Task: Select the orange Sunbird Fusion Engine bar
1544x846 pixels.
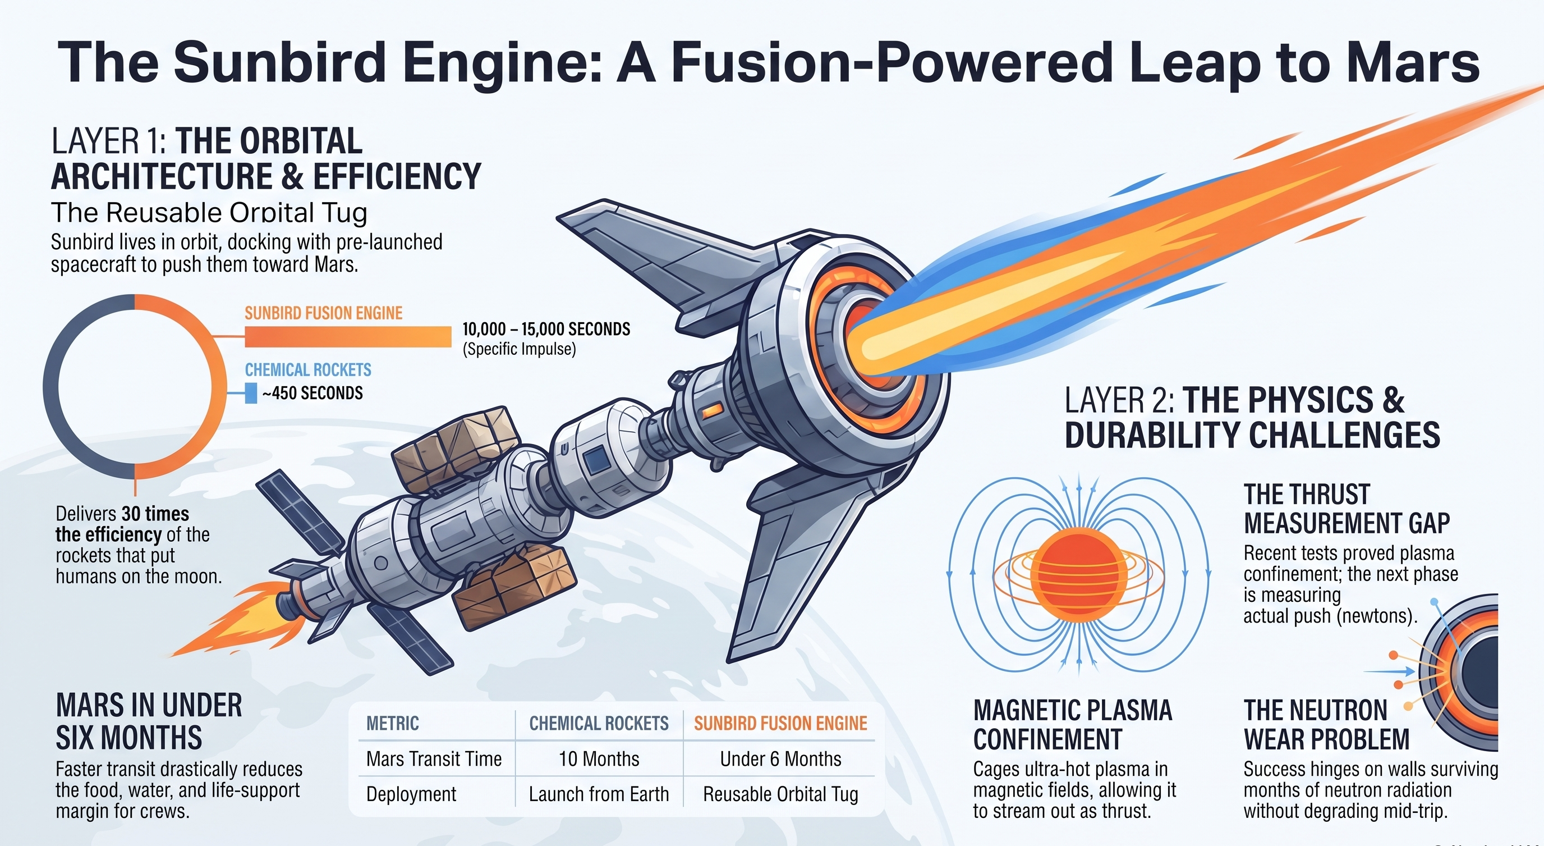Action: tap(348, 336)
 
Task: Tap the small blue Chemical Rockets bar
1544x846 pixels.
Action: tap(251, 394)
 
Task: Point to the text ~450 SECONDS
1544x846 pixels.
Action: tap(313, 394)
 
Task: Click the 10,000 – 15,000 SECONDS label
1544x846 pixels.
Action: tap(546, 329)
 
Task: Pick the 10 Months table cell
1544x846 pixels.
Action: tap(599, 759)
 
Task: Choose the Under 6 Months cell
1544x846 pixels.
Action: tap(780, 759)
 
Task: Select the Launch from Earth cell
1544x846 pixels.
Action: tap(598, 794)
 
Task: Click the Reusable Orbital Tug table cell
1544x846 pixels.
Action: tap(780, 794)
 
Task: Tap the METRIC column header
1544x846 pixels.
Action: tap(393, 724)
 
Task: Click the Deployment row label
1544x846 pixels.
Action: tap(411, 794)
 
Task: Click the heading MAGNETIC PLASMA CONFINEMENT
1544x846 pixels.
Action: tap(1072, 725)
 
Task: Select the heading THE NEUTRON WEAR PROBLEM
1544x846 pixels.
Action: tap(1326, 725)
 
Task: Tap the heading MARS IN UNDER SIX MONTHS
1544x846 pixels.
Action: tap(149, 721)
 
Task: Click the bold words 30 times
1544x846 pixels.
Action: tap(155, 514)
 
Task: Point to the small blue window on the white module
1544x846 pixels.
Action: tap(596, 460)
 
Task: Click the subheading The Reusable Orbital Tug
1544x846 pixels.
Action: tap(209, 213)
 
